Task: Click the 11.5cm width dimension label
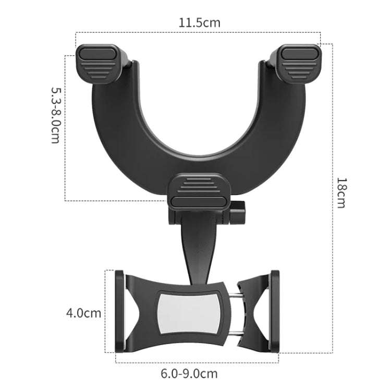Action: pyautogui.click(x=199, y=22)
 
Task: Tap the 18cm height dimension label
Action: pyautogui.click(x=341, y=192)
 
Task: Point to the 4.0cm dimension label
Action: pyautogui.click(x=83, y=313)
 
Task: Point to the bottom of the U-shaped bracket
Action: pyautogui.click(x=200, y=159)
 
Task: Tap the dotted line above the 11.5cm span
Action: pyautogui.click(x=199, y=33)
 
